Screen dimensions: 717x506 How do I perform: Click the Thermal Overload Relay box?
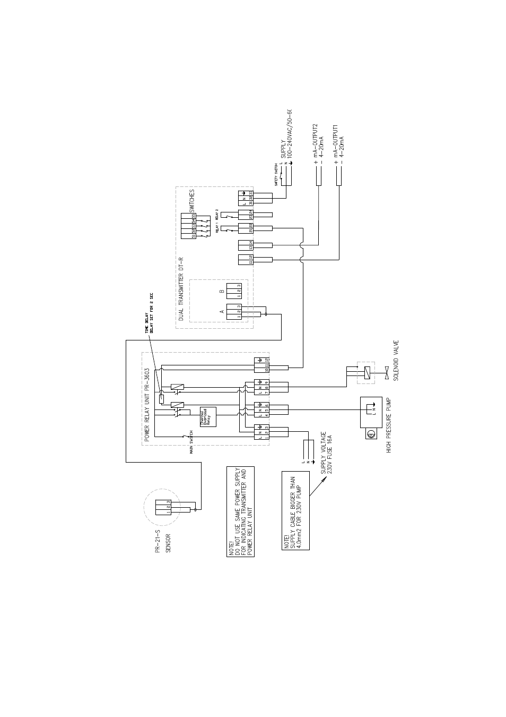[x=207, y=416]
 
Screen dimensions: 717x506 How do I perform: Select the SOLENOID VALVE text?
[x=395, y=361]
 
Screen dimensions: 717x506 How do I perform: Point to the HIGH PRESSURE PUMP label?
[x=389, y=426]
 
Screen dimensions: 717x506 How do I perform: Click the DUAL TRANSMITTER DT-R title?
[x=181, y=289]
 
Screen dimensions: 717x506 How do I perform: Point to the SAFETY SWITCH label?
[x=276, y=175]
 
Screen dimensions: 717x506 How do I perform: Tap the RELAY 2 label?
[x=217, y=215]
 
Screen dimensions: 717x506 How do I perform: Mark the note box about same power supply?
[x=240, y=512]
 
